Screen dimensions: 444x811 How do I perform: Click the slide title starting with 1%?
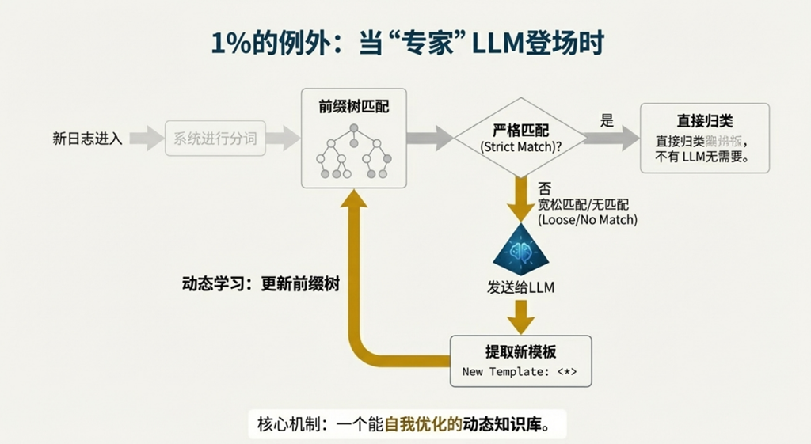(x=406, y=44)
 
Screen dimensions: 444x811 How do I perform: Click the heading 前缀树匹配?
(x=354, y=106)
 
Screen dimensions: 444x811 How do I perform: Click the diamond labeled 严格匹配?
(x=520, y=138)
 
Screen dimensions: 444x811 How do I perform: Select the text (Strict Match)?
(x=520, y=147)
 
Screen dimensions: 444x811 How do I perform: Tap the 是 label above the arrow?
(x=607, y=120)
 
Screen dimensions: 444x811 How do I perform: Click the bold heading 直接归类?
(x=704, y=121)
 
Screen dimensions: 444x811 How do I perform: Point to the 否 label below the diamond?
(x=544, y=189)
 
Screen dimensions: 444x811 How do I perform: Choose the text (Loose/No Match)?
(x=587, y=219)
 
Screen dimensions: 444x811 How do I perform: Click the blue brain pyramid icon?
(x=520, y=249)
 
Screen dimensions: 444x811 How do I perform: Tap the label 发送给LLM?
(x=520, y=287)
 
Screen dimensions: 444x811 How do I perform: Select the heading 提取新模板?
(x=520, y=351)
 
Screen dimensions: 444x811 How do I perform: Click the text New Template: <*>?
(x=520, y=370)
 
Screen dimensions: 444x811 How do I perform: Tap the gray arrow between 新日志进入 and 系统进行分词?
(x=145, y=139)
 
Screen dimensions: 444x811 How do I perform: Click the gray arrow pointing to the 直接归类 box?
(x=612, y=138)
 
